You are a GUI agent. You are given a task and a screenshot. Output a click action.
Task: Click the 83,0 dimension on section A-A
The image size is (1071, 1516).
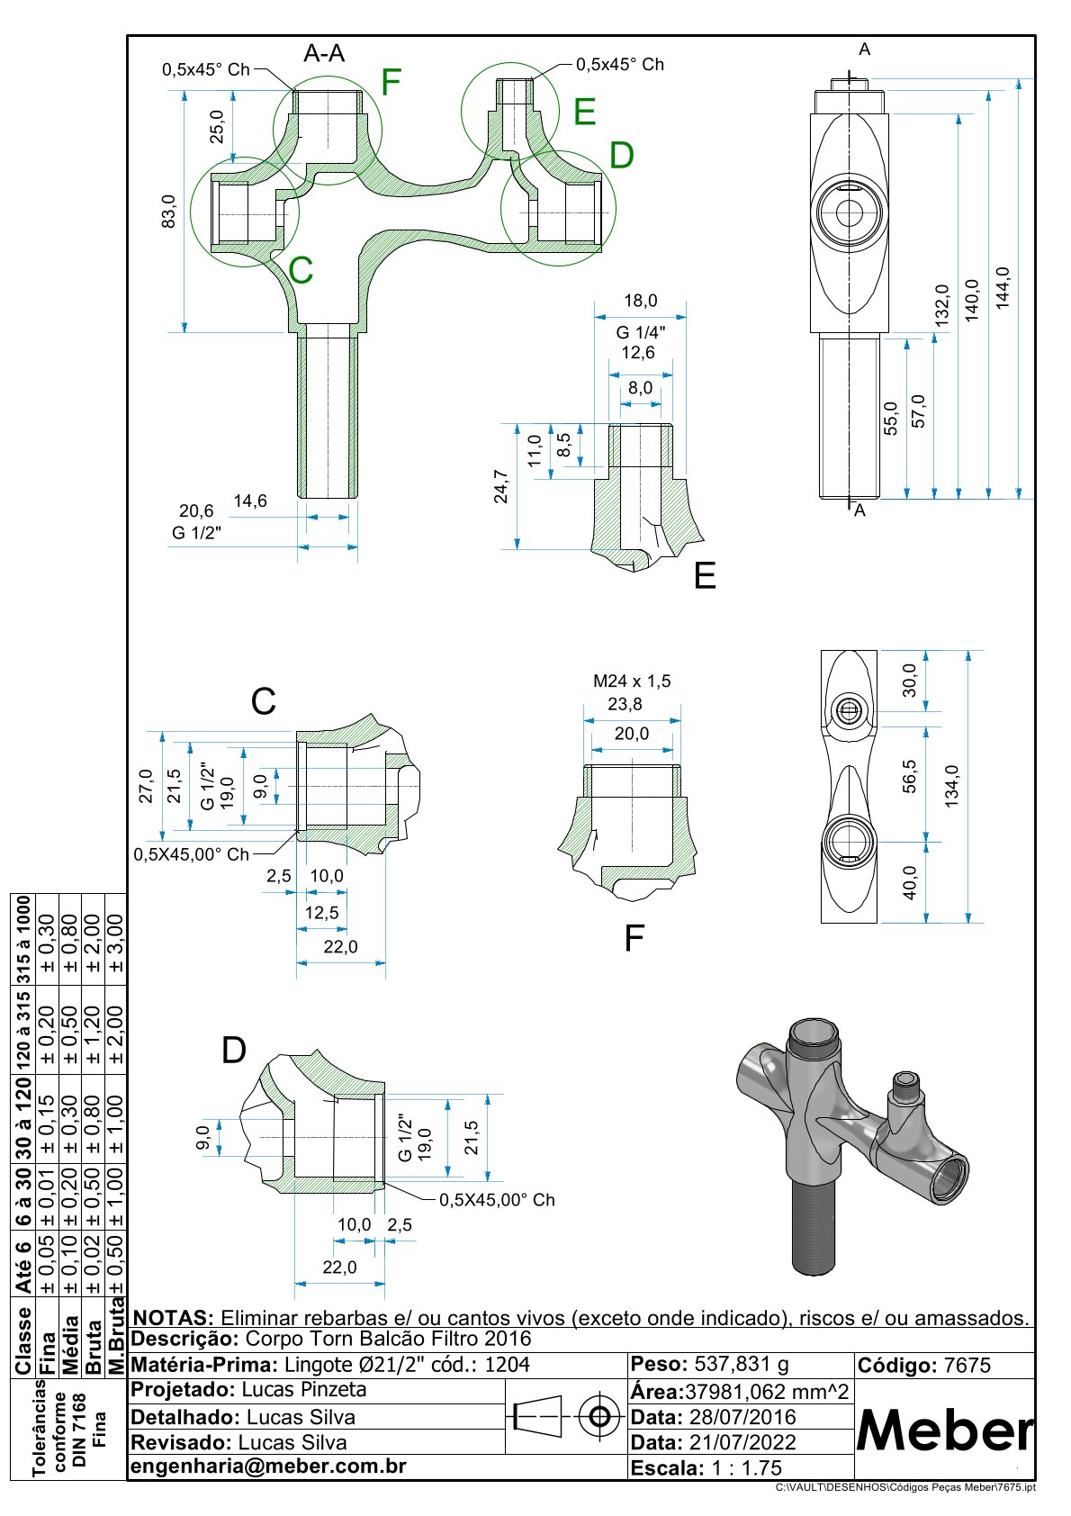168,211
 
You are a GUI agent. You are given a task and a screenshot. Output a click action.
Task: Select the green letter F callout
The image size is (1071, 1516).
391,82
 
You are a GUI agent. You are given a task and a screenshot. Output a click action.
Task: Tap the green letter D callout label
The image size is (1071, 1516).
621,155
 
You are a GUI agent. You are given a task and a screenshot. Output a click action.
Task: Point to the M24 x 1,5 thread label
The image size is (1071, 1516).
632,681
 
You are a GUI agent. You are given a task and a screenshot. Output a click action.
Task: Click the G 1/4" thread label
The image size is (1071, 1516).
640,332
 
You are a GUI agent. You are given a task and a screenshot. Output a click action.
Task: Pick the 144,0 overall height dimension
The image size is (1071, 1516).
1002,288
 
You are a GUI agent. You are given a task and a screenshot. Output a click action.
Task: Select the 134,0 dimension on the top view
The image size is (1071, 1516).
951,785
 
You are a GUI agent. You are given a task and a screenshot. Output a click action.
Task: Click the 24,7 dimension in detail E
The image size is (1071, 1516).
500,486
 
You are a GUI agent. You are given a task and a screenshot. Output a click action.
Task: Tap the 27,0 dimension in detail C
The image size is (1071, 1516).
146,786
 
